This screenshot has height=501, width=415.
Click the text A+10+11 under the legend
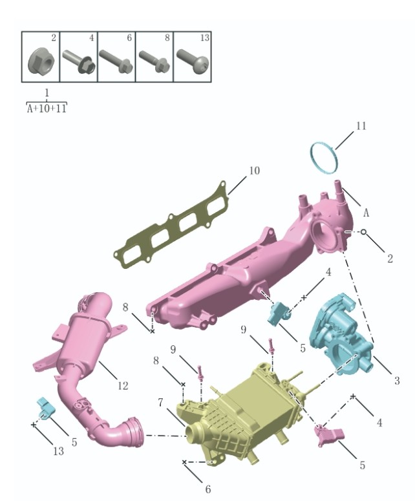(47, 109)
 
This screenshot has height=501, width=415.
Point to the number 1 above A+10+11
(47, 94)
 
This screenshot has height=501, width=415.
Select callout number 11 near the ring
(361, 125)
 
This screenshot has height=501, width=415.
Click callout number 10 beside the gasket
(254, 171)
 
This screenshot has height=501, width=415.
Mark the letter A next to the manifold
(366, 212)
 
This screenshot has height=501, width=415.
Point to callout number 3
(397, 381)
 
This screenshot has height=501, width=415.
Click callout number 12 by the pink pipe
(122, 386)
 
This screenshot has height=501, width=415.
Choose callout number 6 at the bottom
(207, 489)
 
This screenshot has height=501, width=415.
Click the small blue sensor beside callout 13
(44, 408)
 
